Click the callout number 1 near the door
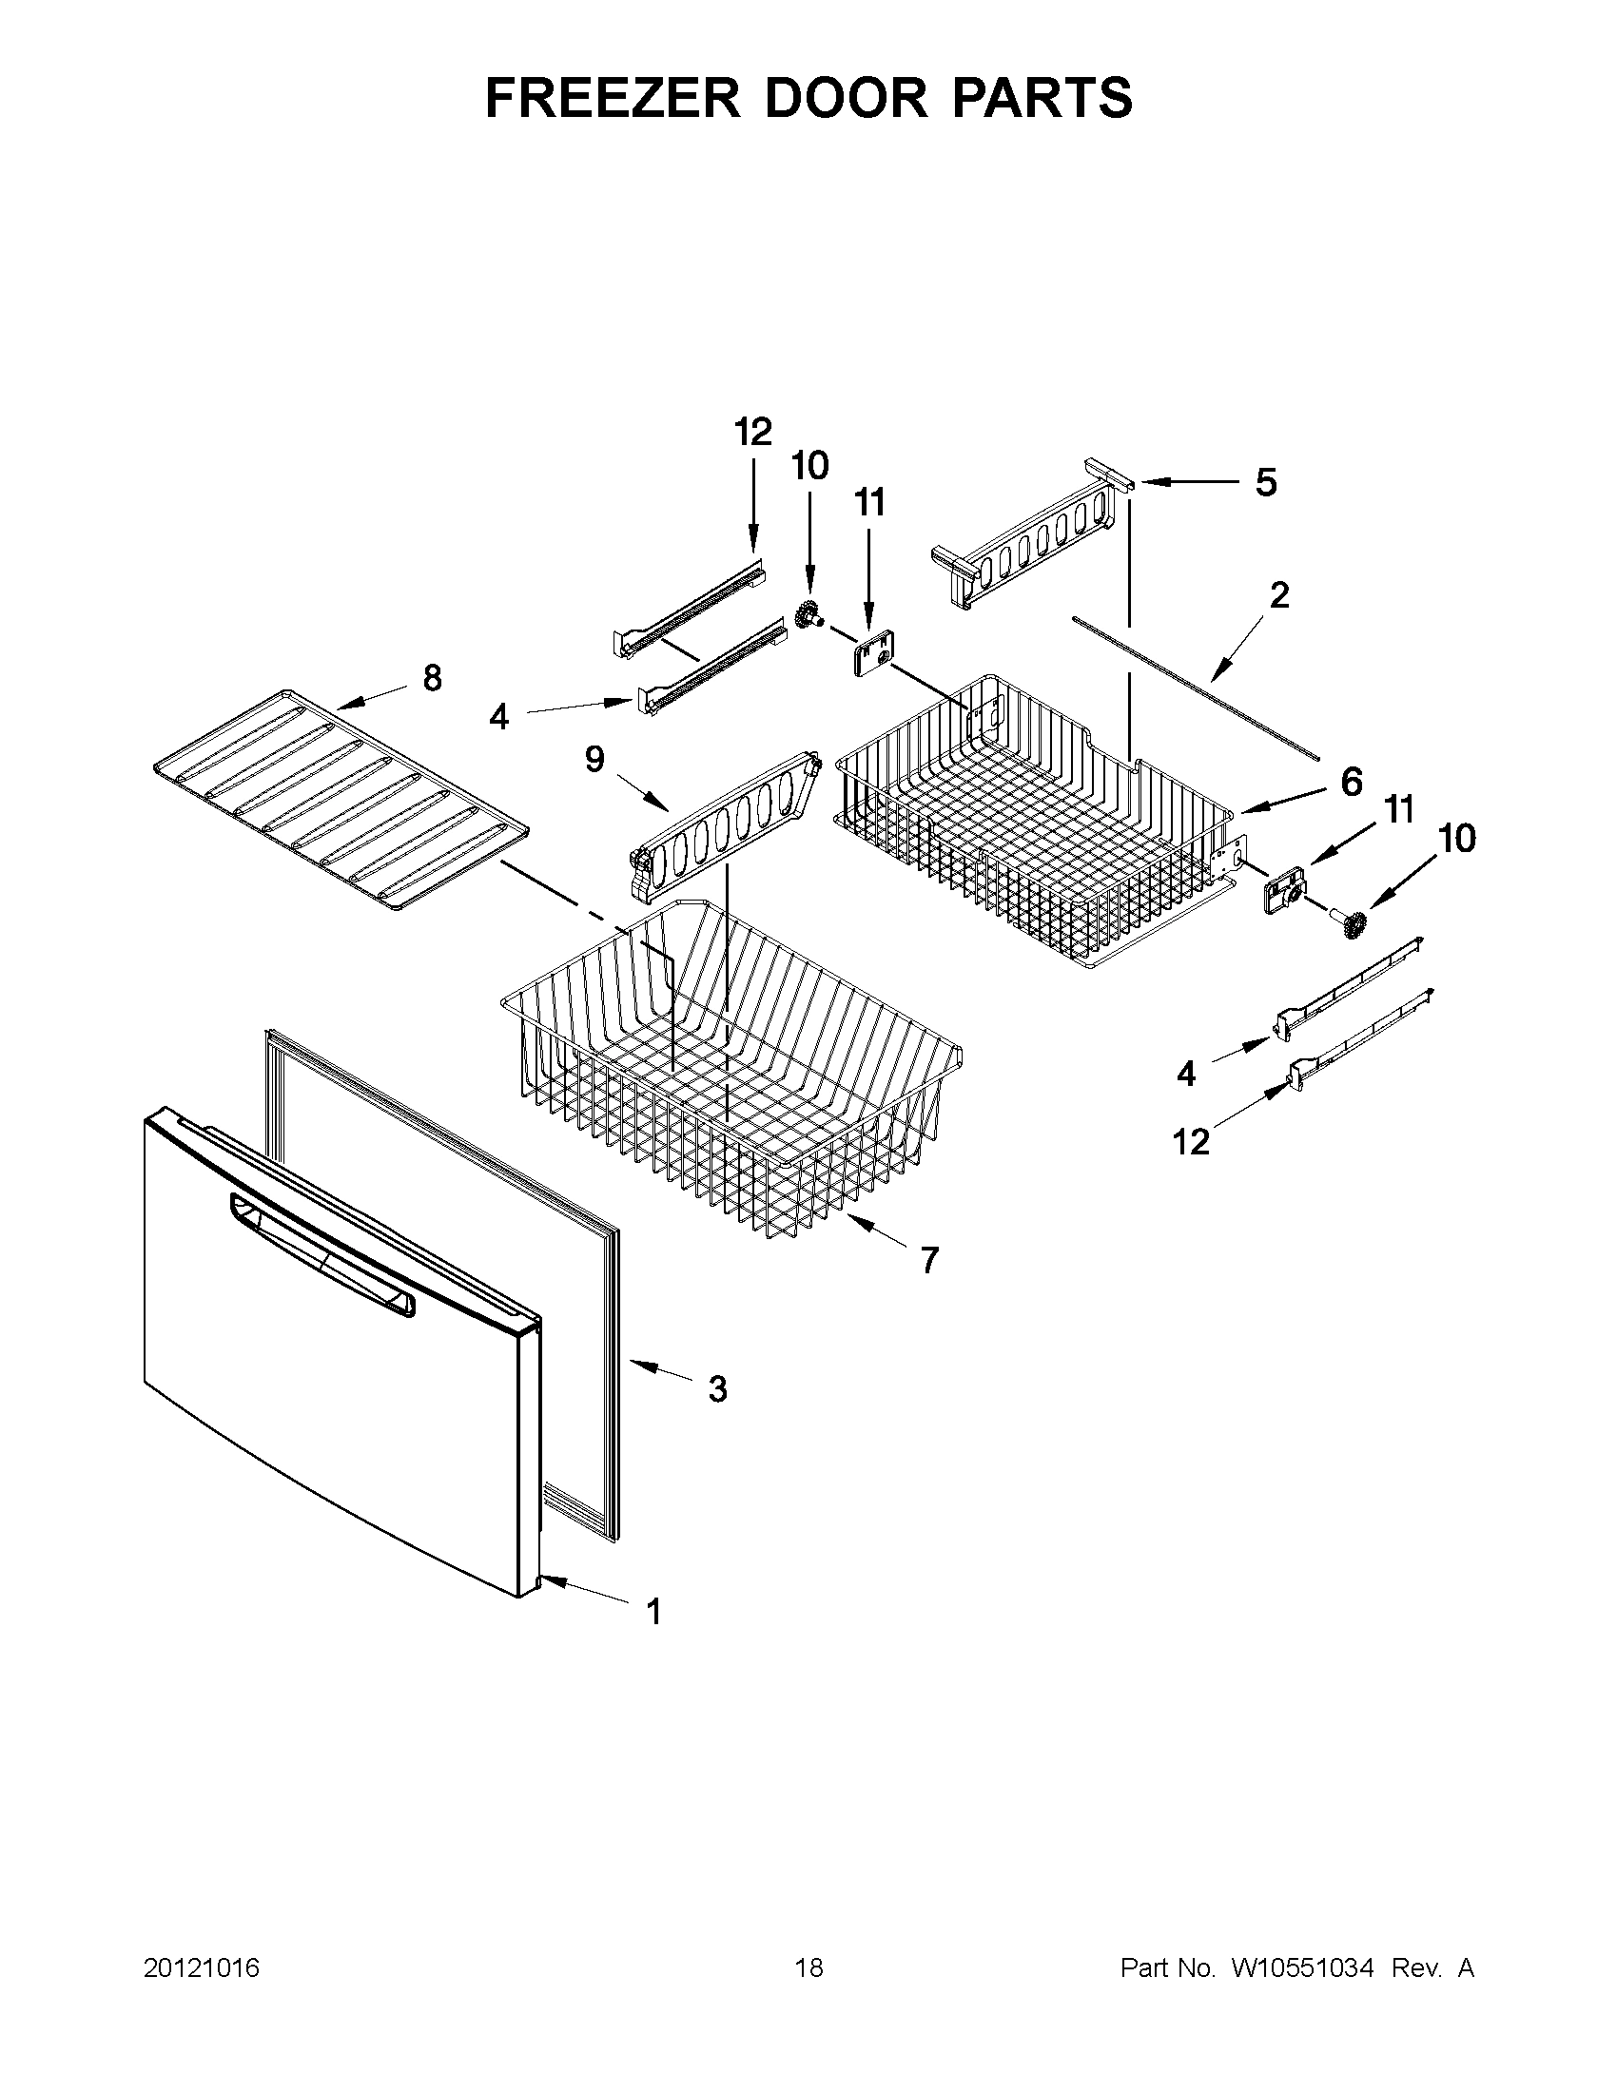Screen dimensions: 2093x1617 [x=653, y=1612]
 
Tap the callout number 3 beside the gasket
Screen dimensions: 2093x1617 [x=717, y=1388]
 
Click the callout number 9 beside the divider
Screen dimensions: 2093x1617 [x=594, y=760]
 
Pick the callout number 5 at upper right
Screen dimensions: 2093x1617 [x=1265, y=482]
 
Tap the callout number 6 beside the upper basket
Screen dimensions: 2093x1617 [x=1351, y=782]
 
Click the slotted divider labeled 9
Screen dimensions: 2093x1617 [x=727, y=821]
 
